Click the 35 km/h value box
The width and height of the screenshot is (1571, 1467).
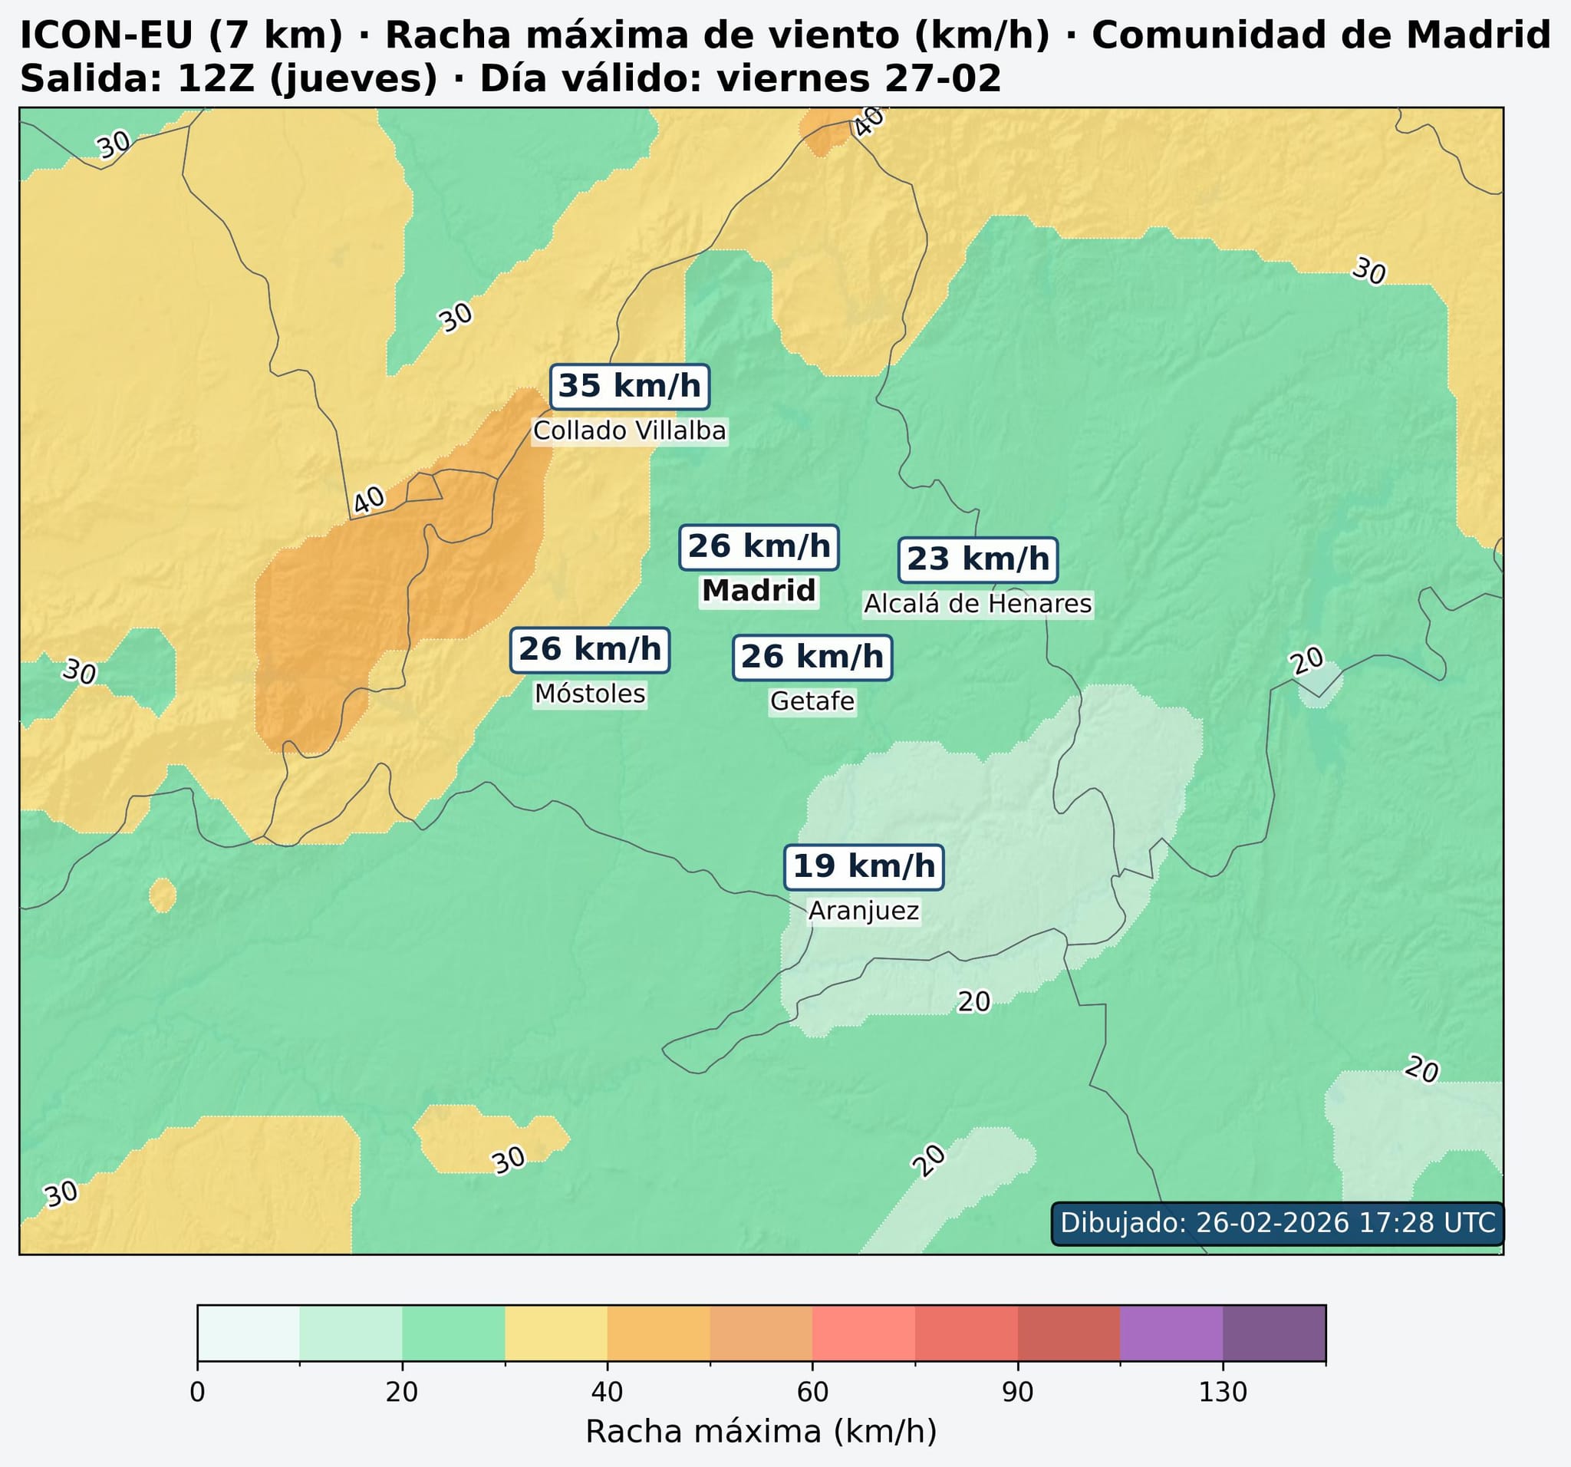[629, 387]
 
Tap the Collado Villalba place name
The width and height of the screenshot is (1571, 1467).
[629, 430]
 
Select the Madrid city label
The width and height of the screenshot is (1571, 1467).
[759, 591]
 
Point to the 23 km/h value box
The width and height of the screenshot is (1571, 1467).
[977, 559]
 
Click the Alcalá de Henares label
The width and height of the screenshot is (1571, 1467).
[977, 604]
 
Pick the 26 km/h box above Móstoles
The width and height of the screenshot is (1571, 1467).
[590, 650]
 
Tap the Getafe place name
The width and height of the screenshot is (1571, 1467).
[812, 701]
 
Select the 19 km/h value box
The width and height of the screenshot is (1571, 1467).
[864, 867]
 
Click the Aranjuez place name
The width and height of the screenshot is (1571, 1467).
[864, 912]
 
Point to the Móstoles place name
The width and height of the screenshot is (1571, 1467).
[590, 694]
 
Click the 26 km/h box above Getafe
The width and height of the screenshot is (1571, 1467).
[812, 657]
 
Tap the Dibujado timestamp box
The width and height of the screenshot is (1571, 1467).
[1277, 1223]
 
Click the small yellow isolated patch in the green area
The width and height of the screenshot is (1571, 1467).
[163, 895]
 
